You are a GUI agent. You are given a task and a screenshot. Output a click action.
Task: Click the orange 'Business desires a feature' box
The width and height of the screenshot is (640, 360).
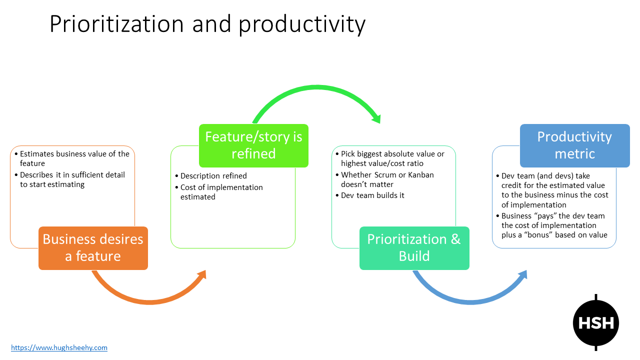point(93,248)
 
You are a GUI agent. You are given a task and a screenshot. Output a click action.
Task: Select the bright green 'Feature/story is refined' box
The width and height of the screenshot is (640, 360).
point(253,145)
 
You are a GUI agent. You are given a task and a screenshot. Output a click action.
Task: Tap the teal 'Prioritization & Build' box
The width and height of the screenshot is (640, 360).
point(414,248)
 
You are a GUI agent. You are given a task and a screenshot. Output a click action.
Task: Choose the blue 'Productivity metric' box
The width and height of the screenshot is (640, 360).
point(574,145)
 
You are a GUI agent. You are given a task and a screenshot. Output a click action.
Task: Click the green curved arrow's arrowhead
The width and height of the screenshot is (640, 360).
point(376,118)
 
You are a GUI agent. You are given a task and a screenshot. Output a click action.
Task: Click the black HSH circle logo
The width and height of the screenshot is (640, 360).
point(595,322)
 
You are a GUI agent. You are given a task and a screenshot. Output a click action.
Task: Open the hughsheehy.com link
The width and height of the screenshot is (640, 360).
point(59,347)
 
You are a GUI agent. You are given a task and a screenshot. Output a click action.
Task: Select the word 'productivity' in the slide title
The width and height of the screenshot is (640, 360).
point(302,24)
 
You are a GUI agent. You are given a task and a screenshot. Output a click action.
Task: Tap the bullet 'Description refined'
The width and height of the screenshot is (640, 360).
point(213,175)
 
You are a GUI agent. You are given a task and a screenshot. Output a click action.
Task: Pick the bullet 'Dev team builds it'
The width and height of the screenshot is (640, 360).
point(372,195)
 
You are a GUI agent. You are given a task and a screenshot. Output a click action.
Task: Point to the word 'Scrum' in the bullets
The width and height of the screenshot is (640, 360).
point(385,174)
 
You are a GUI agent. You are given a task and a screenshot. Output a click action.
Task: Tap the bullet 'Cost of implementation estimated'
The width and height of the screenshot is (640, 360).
point(221,192)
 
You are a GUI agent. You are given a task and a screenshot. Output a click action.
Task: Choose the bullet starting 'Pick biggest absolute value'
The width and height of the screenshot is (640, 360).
point(392,158)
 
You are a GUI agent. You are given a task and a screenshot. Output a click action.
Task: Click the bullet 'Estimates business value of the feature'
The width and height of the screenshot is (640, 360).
point(74,158)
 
